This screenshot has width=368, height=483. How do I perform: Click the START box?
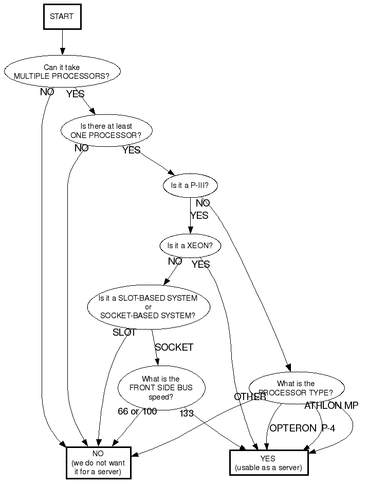tap(62, 16)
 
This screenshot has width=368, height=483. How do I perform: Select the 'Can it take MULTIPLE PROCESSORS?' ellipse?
tap(62, 72)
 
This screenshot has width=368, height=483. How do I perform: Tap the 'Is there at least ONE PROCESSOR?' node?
tap(106, 131)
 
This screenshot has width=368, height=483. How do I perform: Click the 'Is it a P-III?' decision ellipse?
tap(190, 185)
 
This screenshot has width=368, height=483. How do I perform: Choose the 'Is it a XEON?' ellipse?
tap(190, 246)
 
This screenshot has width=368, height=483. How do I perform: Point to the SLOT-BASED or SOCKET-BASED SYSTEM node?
tap(149, 307)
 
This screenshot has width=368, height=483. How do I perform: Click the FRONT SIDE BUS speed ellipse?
tap(161, 388)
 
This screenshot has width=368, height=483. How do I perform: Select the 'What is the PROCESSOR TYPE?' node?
tap(297, 388)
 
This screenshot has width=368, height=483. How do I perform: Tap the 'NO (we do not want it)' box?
tap(98, 463)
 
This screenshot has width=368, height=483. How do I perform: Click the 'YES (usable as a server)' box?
tap(269, 463)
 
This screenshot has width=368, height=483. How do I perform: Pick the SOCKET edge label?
tap(174, 347)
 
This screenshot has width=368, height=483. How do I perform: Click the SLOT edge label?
tap(124, 332)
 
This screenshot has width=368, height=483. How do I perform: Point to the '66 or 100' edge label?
tap(137, 411)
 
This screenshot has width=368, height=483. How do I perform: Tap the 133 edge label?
tap(187, 413)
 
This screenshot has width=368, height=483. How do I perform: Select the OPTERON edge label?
tap(293, 428)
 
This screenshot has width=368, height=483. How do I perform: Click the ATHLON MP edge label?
tap(332, 405)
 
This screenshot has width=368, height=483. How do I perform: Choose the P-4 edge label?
tap(328, 428)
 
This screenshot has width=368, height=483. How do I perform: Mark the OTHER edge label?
tap(250, 396)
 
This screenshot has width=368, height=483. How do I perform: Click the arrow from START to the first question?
tap(62, 42)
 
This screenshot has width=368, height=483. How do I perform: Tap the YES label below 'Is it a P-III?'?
tap(199, 215)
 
